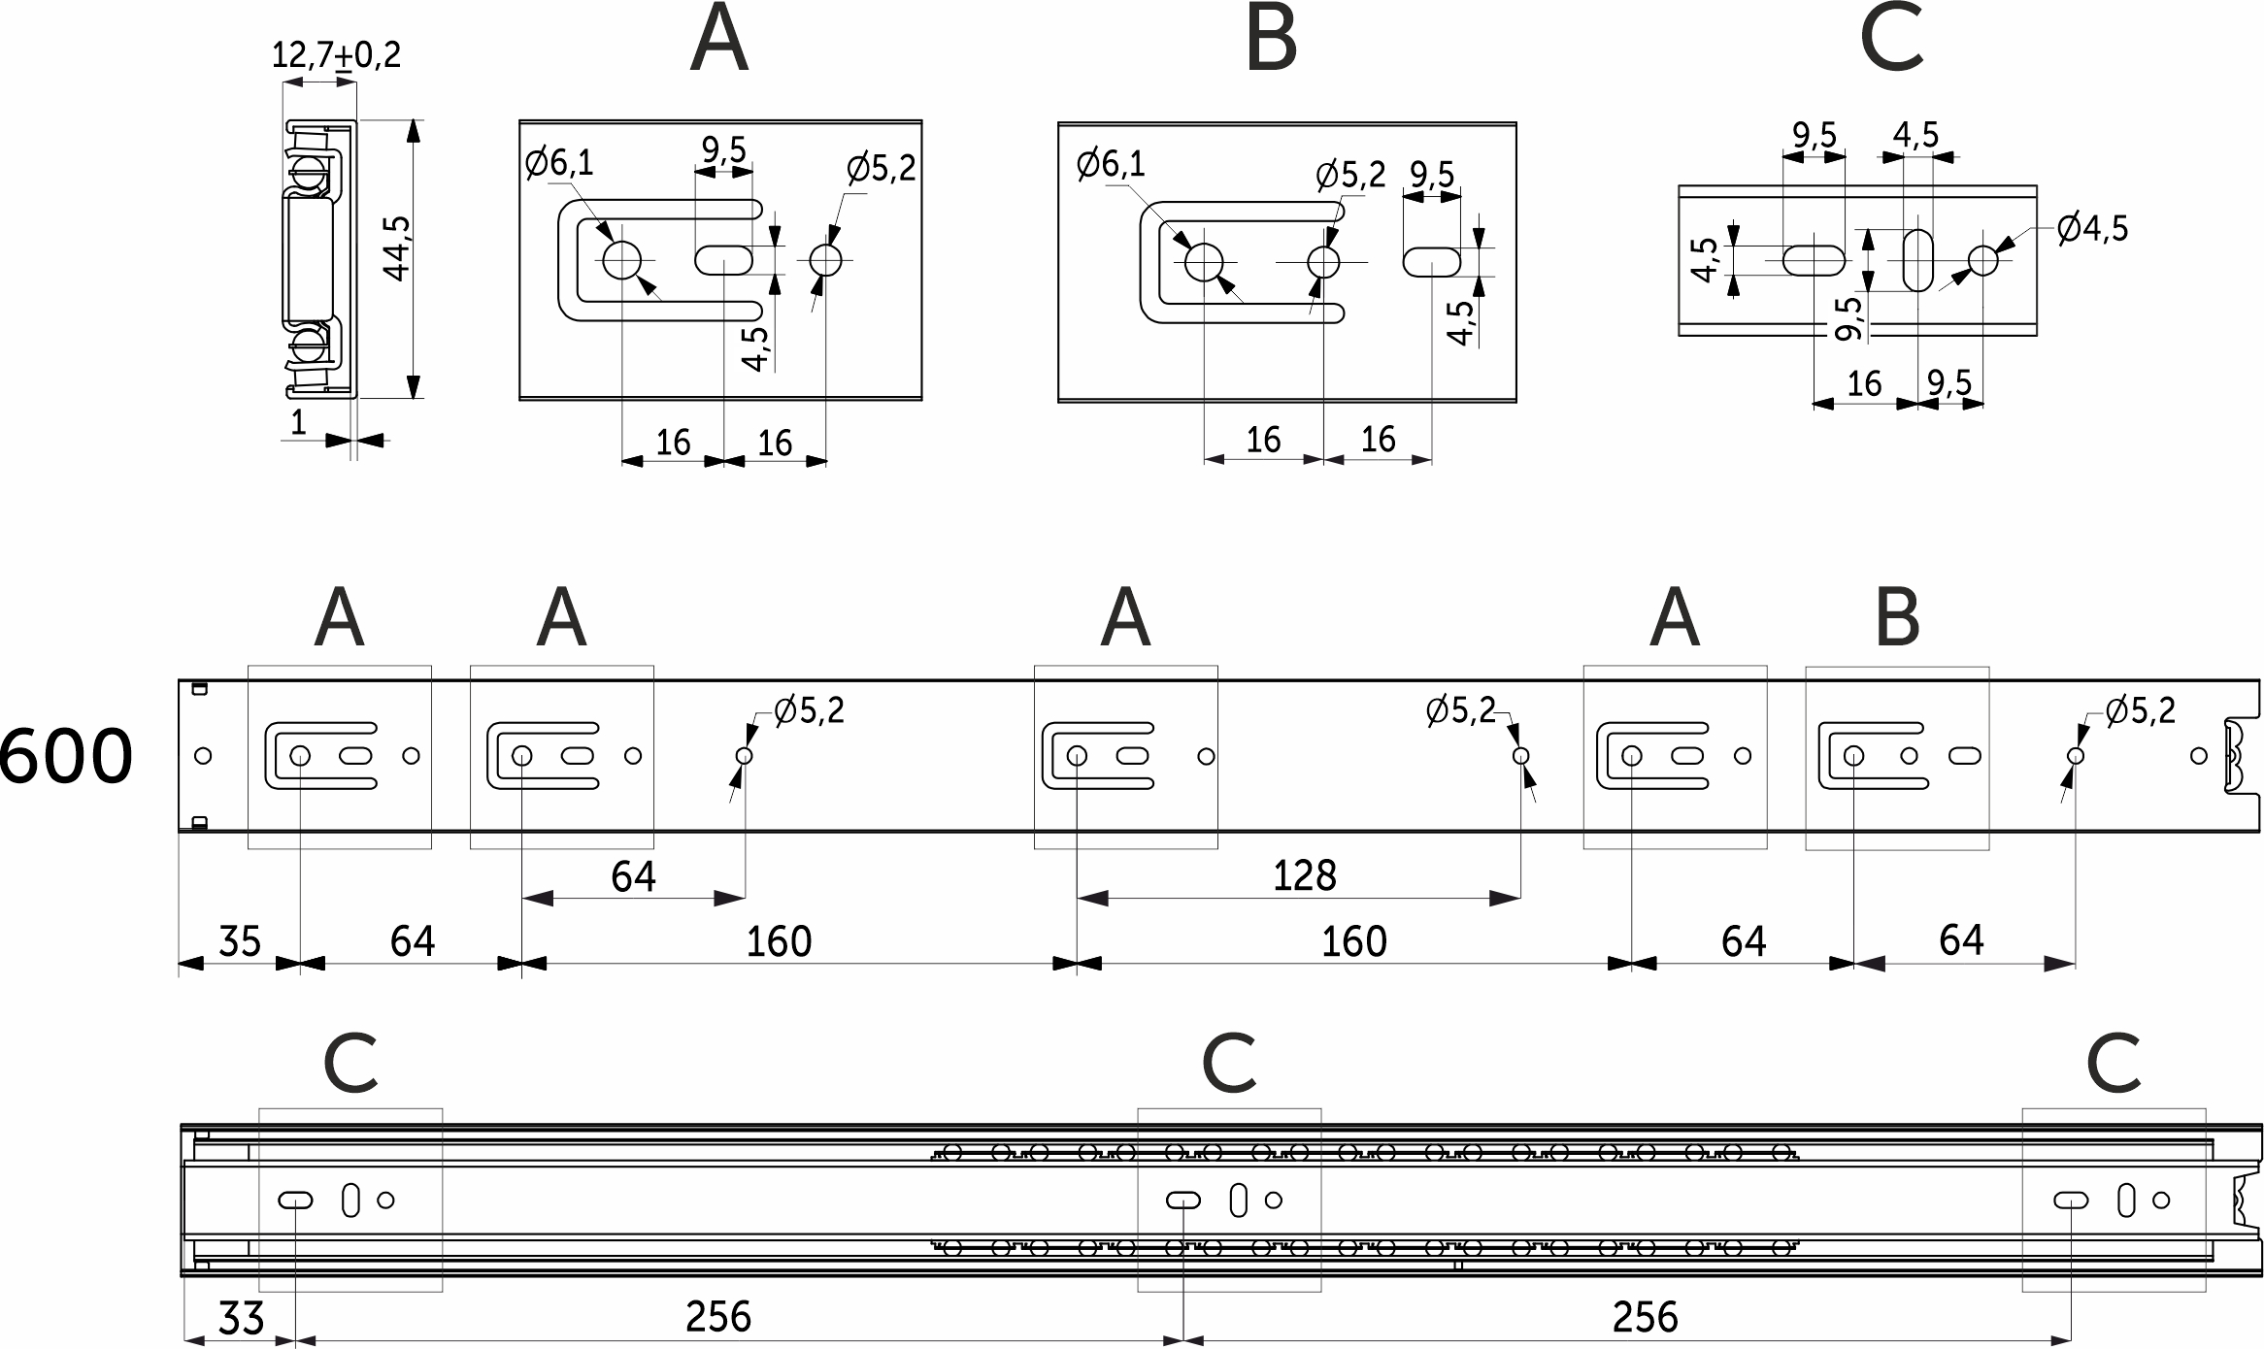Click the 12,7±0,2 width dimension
point(335,54)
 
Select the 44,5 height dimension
point(397,248)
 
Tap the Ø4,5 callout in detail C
point(2091,229)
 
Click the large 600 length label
point(66,757)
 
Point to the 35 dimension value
point(239,941)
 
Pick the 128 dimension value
point(1304,876)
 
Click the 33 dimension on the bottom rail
point(241,1319)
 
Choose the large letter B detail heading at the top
point(1271,41)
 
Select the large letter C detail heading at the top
point(1891,41)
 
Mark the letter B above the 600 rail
point(1897,619)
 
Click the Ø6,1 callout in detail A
point(558,163)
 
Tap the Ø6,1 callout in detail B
point(1111,165)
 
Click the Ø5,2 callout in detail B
point(1349,176)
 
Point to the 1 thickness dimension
point(298,422)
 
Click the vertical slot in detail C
point(1917,260)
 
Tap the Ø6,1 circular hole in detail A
point(622,260)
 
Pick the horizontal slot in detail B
point(1431,262)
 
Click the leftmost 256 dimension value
point(718,1317)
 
